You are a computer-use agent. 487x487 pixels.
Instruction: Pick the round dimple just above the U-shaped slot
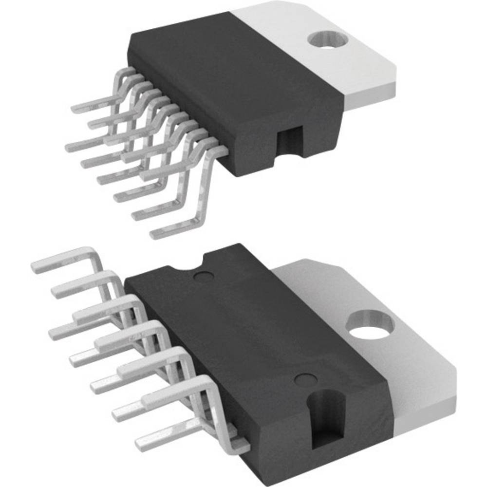click(306, 378)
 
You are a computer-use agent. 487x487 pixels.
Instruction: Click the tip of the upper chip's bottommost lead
click(155, 234)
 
